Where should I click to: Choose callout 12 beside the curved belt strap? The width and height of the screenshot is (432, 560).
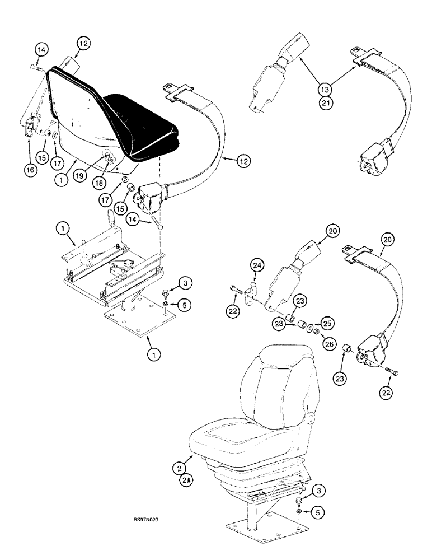tap(242, 161)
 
